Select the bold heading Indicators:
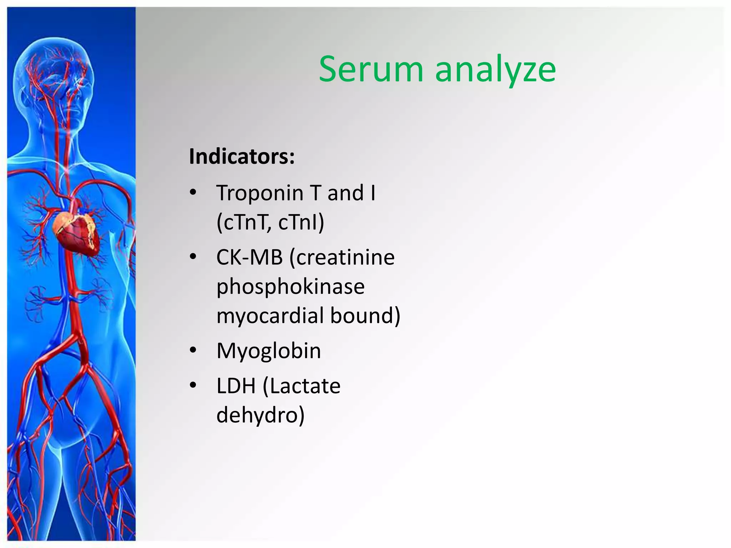click(x=242, y=156)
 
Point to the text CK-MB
click(x=249, y=257)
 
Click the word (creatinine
click(x=342, y=257)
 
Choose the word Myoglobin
click(x=269, y=351)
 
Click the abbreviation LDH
click(x=236, y=386)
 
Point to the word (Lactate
click(x=302, y=386)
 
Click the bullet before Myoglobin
click(x=193, y=350)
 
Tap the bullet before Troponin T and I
click(x=193, y=193)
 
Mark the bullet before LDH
click(x=193, y=385)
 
